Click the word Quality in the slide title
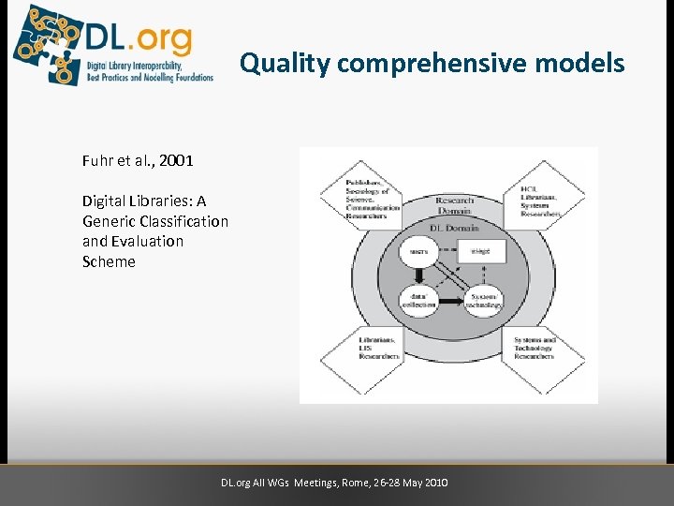click(285, 64)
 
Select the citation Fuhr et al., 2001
click(138, 160)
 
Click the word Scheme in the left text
click(109, 261)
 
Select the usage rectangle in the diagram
click(481, 251)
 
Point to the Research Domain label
click(454, 204)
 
